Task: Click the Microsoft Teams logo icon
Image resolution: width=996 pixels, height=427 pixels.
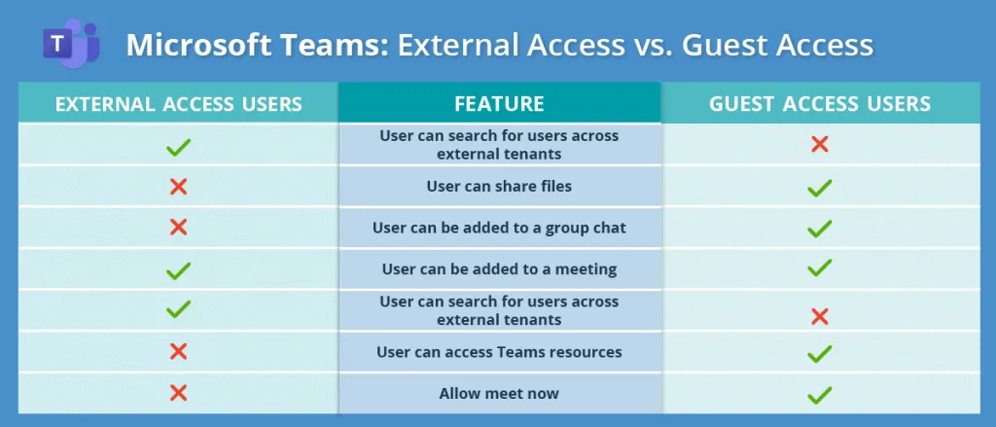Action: coord(71,43)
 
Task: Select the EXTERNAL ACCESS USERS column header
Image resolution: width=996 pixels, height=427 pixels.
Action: coord(178,103)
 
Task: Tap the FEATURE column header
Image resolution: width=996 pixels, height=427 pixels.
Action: coord(499,103)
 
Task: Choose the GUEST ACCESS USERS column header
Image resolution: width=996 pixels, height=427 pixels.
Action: coord(820,103)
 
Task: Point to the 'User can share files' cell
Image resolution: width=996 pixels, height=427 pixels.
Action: coord(499,186)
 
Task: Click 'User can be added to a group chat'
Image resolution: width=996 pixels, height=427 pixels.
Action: coord(499,228)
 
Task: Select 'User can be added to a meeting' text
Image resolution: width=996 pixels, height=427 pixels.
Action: coord(499,268)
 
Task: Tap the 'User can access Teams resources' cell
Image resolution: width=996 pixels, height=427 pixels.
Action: coord(499,351)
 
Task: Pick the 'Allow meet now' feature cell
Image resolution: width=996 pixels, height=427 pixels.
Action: coord(499,393)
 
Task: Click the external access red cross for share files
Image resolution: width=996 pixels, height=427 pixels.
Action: coord(178,186)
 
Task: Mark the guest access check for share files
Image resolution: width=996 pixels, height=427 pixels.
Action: coord(820,187)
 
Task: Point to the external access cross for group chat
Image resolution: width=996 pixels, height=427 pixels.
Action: coord(178,228)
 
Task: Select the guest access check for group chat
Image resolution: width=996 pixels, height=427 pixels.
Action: coord(820,229)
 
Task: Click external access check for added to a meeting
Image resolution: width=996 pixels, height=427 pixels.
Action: coord(178,269)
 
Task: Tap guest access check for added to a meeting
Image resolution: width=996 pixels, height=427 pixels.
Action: coord(820,267)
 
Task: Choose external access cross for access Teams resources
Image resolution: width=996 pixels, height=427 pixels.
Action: coord(178,351)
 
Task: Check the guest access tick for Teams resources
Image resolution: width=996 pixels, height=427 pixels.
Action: coord(820,352)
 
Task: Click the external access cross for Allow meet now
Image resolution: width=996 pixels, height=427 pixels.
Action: coord(178,393)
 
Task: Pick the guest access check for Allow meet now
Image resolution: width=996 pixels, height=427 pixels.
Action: coord(820,394)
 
